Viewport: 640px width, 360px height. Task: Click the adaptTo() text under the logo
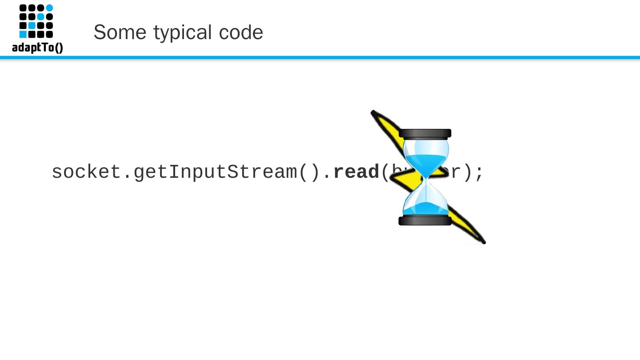(x=37, y=47)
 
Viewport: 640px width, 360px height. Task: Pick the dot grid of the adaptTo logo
(x=36, y=21)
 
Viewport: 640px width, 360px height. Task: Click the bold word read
(x=356, y=172)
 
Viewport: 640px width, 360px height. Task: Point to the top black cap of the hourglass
(x=425, y=133)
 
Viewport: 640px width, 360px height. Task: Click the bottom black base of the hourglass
(x=425, y=220)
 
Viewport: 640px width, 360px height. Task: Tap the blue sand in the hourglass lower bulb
(x=425, y=208)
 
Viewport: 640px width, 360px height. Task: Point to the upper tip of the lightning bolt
(x=373, y=112)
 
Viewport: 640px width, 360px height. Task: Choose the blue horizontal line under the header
(x=320, y=57)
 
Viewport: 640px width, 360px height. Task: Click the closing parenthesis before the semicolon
(x=467, y=172)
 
